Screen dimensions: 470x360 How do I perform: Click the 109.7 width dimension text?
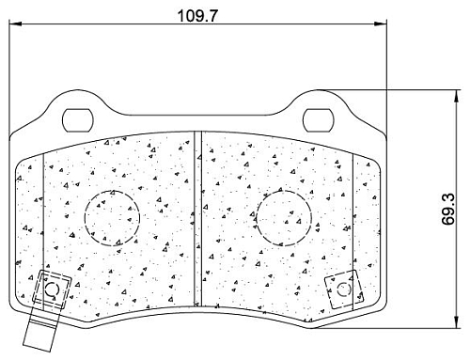[x=197, y=16]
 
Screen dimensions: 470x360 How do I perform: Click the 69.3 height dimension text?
[x=448, y=209]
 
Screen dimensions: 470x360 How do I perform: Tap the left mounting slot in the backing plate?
[x=78, y=120]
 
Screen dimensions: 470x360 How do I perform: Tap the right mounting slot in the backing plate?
[x=318, y=120]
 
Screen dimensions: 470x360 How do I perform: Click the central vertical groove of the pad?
[x=197, y=219]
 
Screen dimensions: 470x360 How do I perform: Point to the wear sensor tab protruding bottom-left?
[x=40, y=332]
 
